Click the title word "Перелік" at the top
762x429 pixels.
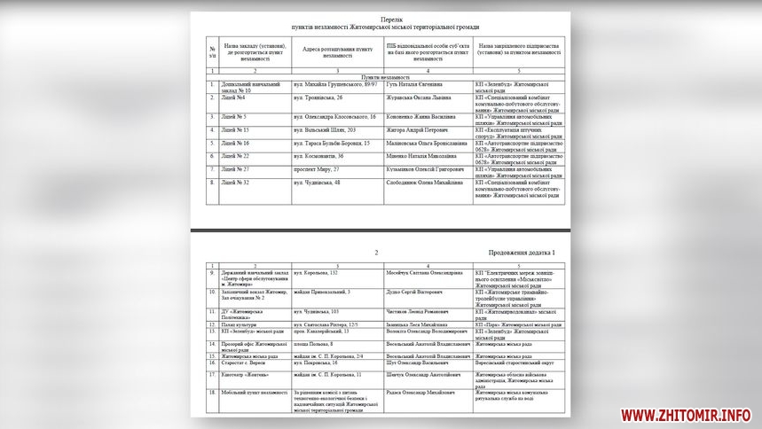(380, 18)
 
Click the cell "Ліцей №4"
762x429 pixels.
(235, 97)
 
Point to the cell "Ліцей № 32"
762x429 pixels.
(237, 183)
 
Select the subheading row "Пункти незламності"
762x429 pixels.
(380, 76)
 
